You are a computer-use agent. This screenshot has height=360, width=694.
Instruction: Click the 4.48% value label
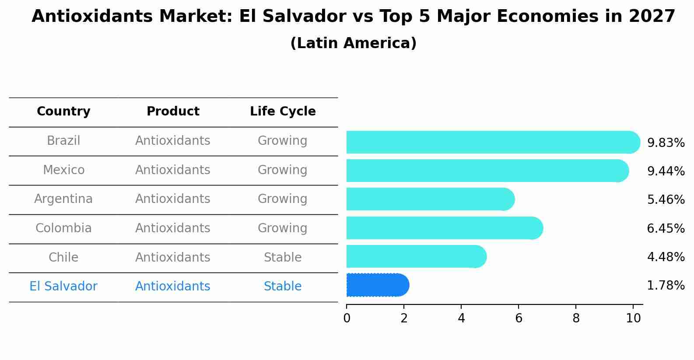click(x=666, y=257)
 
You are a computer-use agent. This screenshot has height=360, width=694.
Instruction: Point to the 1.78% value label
click(x=666, y=286)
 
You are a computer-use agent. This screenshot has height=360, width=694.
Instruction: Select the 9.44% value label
click(x=666, y=171)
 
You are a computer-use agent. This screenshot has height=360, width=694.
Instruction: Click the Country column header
click(x=63, y=112)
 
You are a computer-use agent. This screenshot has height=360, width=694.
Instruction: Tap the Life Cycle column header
click(x=283, y=112)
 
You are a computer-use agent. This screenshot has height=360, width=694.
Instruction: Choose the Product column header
click(x=173, y=112)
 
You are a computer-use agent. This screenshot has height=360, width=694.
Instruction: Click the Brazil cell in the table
click(x=63, y=141)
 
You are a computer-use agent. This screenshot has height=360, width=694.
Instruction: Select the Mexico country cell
click(x=63, y=170)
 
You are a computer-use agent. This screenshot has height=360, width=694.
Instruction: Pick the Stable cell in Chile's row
click(x=283, y=257)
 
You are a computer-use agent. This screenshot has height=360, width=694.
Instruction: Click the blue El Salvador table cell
click(x=63, y=287)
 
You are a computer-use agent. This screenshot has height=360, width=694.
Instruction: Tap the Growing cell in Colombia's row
click(x=283, y=228)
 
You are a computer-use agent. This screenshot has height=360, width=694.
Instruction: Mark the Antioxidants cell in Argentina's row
click(x=173, y=199)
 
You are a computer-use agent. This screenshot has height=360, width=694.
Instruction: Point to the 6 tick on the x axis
click(x=519, y=318)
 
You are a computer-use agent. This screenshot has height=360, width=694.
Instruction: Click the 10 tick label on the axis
click(x=633, y=318)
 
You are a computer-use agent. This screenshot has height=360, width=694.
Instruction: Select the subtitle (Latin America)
click(x=353, y=43)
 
